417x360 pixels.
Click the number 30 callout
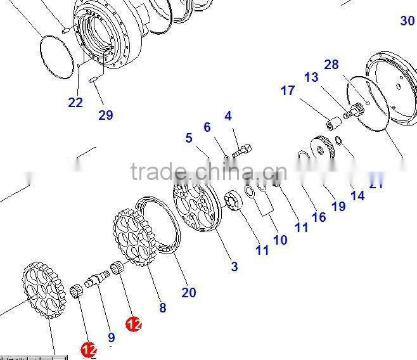[x=407, y=20]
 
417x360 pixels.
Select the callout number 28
[x=331, y=65]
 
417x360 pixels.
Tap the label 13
[x=311, y=77]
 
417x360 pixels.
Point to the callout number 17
[x=288, y=91]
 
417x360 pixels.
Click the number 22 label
[x=75, y=103]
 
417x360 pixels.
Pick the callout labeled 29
[x=105, y=115]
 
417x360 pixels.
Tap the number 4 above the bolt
[x=228, y=116]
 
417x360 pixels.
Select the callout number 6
[x=207, y=127]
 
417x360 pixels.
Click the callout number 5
[x=189, y=138]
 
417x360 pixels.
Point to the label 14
[x=357, y=196]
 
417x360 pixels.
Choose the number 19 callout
[x=338, y=206]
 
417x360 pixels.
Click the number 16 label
[x=319, y=217]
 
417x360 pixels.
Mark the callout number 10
[x=280, y=240]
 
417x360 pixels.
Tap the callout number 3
[x=234, y=267]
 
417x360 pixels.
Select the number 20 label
[x=189, y=292]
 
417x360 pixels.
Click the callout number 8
[x=163, y=307]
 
